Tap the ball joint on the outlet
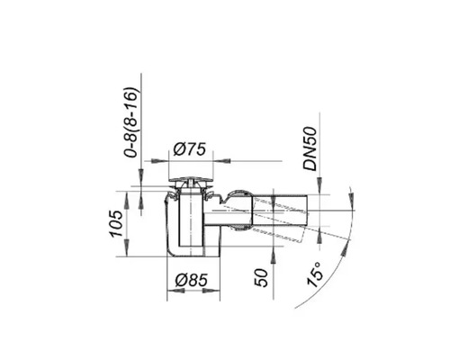[238, 208]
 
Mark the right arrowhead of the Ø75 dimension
[216, 159]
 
